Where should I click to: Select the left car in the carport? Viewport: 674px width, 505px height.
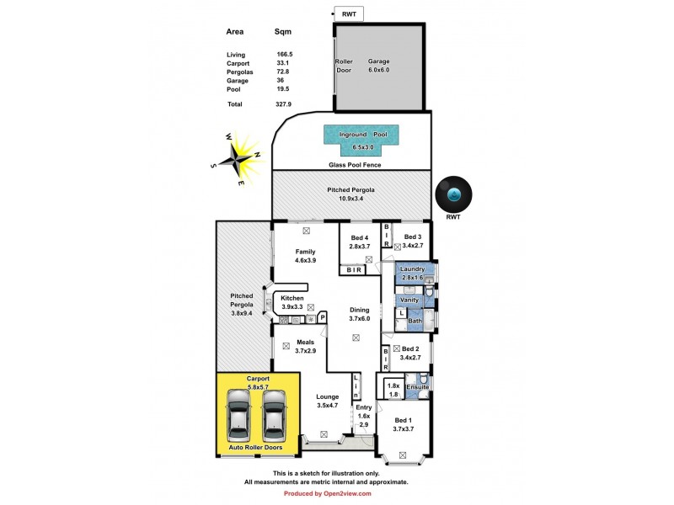pos(239,413)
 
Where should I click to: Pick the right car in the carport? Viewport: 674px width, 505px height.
pos(275,413)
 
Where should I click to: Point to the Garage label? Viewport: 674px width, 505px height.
pos(379,61)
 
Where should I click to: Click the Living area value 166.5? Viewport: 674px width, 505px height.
pos(283,55)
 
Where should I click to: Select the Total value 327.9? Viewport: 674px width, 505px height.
pos(283,104)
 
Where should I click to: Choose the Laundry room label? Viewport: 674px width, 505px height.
pos(414,268)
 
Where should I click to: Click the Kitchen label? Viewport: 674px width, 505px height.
pos(292,298)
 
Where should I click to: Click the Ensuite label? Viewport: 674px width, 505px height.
pos(418,387)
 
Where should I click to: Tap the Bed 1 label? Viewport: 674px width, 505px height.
pos(404,419)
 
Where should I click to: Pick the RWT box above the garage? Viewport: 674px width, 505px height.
pos(348,13)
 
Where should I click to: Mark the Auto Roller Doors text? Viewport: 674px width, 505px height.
pos(257,448)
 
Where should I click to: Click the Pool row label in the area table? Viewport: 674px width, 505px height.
pos(233,88)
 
